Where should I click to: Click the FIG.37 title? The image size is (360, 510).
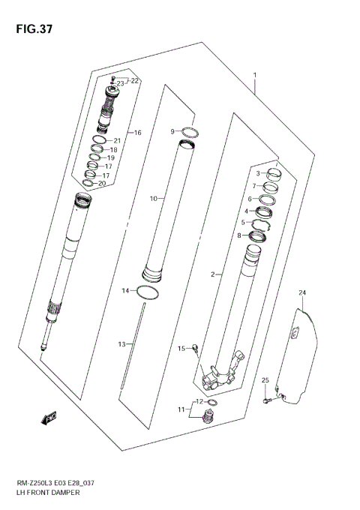coord(31,28)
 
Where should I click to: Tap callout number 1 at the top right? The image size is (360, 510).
coord(255,75)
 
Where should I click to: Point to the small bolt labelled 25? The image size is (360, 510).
coord(267,400)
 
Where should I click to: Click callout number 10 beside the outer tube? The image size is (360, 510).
coord(152,199)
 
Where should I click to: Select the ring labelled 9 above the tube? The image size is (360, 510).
coord(191,133)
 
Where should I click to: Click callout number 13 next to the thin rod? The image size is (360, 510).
coord(121,343)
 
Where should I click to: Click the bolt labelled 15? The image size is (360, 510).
coord(195,346)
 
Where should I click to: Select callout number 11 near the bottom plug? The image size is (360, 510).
coord(180,409)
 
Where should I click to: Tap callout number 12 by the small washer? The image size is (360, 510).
coord(198,401)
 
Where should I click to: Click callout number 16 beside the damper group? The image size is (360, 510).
coord(137,133)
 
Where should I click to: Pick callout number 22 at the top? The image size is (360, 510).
coord(134,80)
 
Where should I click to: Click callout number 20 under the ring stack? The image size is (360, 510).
coord(102,183)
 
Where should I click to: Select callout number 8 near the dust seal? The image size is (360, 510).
coord(239,235)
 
